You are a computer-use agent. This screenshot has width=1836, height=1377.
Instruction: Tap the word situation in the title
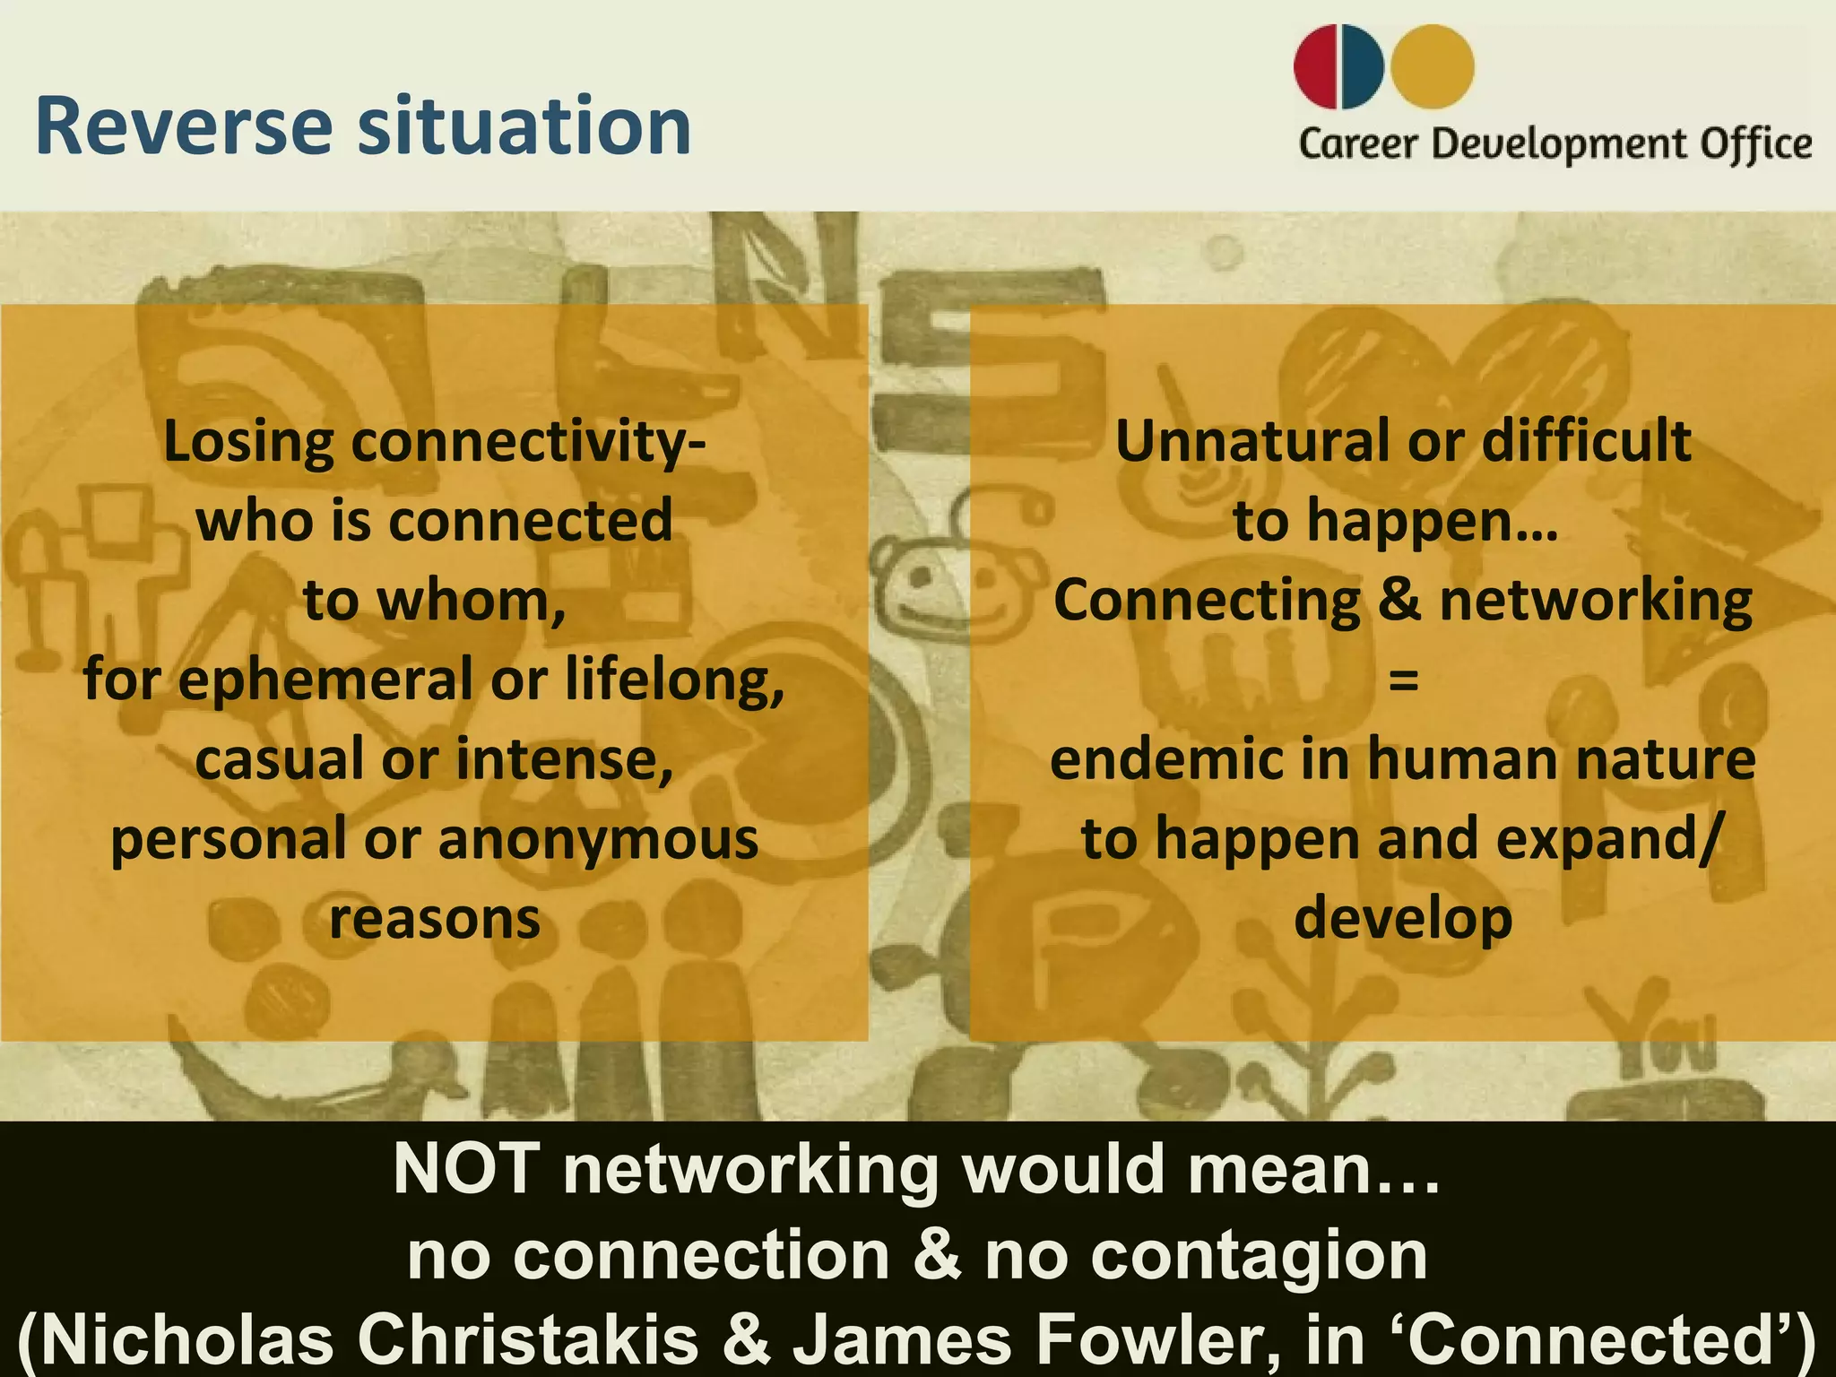coord(524,126)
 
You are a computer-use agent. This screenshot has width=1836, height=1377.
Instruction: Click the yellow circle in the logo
coord(1432,67)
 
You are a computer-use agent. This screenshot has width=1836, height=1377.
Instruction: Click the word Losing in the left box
coord(248,443)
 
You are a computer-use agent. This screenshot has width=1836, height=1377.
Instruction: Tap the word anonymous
coord(598,839)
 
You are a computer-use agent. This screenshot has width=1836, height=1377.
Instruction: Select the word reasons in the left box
coord(435,919)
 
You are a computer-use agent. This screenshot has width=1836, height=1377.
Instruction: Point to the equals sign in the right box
coord(1403,680)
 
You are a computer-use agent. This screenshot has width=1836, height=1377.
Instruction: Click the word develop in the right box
coord(1403,919)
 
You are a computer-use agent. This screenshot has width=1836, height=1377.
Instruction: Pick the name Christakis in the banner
coord(528,1339)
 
